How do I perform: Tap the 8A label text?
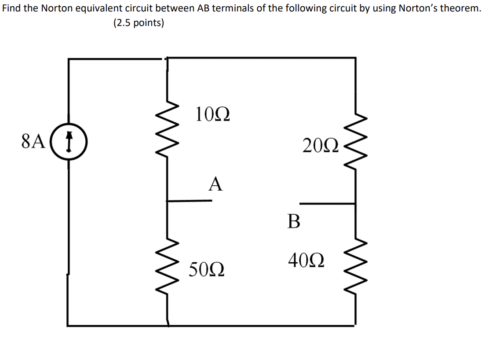pyautogui.click(x=33, y=143)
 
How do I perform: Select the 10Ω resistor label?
pyautogui.click(x=213, y=115)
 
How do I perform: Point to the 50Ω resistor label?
pyautogui.click(x=207, y=269)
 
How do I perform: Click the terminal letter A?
pyautogui.click(x=215, y=184)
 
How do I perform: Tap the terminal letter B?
pyautogui.click(x=294, y=220)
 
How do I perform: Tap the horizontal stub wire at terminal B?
pyautogui.click(x=327, y=203)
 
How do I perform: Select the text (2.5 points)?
pyautogui.click(x=138, y=23)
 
